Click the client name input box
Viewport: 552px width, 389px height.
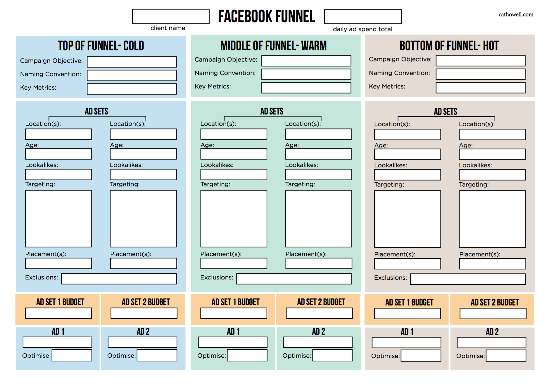point(171,16)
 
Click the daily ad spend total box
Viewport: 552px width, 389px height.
point(363,16)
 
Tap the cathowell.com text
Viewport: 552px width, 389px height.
point(516,15)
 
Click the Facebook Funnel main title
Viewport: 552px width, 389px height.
point(267,16)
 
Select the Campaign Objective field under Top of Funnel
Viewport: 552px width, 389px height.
point(132,62)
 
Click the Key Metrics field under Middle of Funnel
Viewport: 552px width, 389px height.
point(306,88)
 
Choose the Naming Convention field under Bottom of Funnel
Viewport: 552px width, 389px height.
point(480,74)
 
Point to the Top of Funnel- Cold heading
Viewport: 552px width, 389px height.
point(101,46)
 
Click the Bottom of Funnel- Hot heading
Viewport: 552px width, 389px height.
point(449,46)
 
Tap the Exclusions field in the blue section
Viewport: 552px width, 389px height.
point(119,279)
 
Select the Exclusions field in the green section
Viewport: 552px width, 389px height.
point(294,279)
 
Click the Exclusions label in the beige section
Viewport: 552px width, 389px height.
point(390,278)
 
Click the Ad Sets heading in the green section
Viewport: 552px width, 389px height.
point(272,111)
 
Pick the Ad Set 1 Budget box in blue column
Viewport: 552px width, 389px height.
point(58,313)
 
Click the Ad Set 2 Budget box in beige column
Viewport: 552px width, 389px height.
point(493,314)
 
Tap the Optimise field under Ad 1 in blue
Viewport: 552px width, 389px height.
point(72,355)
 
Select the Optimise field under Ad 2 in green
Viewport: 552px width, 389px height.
point(332,355)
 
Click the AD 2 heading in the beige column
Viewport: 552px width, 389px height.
point(492,332)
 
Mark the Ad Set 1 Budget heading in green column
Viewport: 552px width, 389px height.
point(236,302)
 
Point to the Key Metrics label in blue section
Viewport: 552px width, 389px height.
point(38,88)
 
